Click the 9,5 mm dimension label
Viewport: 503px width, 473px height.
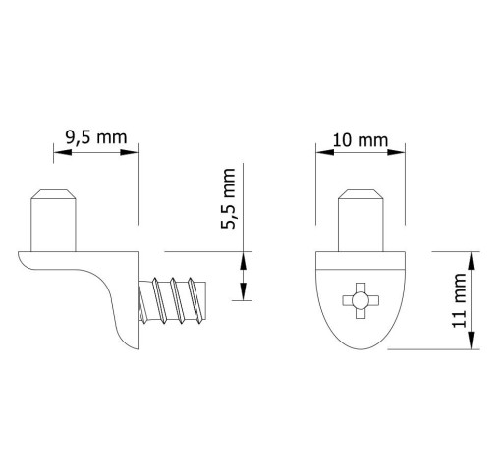(96, 137)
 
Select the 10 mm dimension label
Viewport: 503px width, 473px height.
(361, 140)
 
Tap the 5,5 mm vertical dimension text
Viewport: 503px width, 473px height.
(228, 198)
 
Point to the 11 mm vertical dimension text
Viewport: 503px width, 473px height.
(459, 300)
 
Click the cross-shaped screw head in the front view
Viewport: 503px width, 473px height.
(361, 300)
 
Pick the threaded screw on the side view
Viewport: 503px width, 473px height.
(172, 300)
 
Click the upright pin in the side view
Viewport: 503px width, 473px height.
(53, 221)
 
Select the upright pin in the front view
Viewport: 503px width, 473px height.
(361, 221)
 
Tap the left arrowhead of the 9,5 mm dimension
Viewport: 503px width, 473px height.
(63, 152)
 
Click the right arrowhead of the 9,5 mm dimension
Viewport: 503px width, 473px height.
(129, 152)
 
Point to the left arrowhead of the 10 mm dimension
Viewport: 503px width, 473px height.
(325, 152)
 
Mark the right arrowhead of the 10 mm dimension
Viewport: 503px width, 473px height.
(396, 152)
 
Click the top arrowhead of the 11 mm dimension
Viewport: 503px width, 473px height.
(471, 261)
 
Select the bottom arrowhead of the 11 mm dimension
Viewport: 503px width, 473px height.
(471, 341)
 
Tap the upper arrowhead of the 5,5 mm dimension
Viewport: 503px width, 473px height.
(243, 261)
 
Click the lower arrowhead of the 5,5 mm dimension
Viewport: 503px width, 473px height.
(243, 291)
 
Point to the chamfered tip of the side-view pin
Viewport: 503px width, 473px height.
(53, 194)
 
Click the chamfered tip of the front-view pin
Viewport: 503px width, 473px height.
(361, 194)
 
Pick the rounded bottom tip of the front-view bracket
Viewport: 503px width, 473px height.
(361, 348)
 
